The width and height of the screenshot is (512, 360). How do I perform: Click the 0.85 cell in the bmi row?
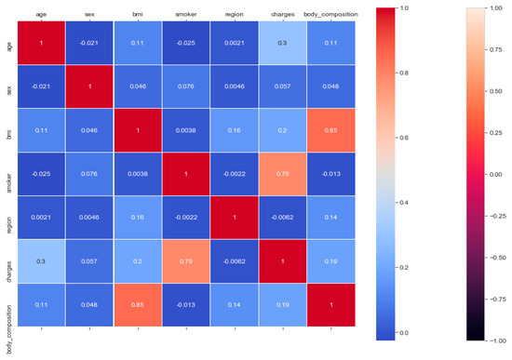coord(330,130)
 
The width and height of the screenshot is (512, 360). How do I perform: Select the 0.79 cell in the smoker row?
coord(282,174)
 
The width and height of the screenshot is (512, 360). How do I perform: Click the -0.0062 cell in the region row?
coord(282,218)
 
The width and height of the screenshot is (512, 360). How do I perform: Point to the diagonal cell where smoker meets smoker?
coord(186,174)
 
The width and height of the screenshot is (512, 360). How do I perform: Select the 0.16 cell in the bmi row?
coord(235,130)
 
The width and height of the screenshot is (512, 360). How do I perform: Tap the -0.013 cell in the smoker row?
coord(330,174)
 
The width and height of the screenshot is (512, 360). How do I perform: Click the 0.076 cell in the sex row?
coord(186,87)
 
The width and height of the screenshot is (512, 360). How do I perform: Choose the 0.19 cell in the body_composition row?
coord(282,305)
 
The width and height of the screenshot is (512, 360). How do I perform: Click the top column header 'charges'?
coord(282,14)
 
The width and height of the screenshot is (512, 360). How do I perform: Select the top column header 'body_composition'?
coord(330,14)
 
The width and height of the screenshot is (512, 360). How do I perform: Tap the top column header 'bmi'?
coord(138,14)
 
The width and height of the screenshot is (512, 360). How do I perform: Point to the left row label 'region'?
coord(9,218)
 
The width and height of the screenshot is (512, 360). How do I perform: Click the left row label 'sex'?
coord(9,87)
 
